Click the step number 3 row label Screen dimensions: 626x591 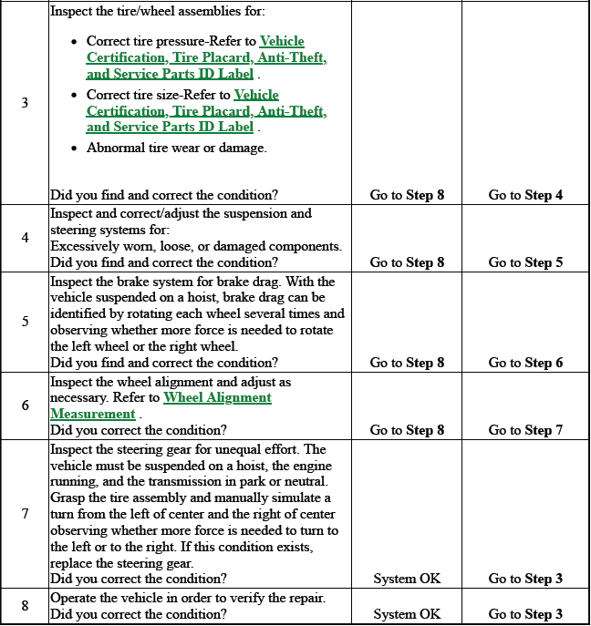(26, 103)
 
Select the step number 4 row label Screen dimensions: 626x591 (26, 238)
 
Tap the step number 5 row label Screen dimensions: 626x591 (26, 321)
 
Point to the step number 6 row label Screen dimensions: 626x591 (26, 405)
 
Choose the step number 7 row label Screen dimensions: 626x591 (26, 513)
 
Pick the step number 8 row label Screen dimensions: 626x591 (26, 605)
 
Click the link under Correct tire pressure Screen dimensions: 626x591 (206, 57)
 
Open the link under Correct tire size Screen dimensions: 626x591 (206, 111)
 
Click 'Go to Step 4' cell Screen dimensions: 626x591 (525, 195)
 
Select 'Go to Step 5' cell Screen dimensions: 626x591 (525, 262)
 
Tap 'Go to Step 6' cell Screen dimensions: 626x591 (525, 363)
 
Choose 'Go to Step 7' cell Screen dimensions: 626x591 (525, 430)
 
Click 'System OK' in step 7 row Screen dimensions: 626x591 (407, 579)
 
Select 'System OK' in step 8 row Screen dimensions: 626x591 (407, 614)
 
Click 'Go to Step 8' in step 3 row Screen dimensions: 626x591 (407, 195)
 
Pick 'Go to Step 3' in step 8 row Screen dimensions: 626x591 (525, 614)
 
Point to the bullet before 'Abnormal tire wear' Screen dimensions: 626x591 (74, 148)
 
